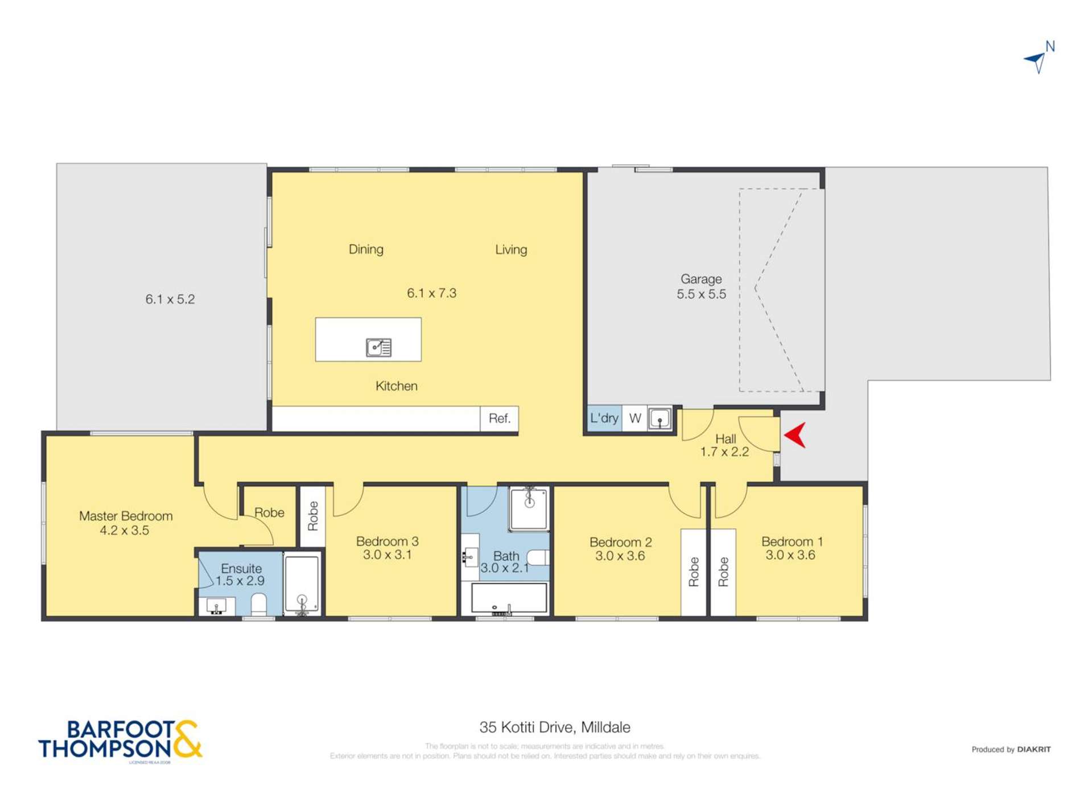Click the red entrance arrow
pyautogui.click(x=796, y=435)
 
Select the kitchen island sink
pyautogui.click(x=378, y=347)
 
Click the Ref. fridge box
pyautogui.click(x=499, y=418)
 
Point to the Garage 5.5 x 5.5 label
pyautogui.click(x=701, y=286)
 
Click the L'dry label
pyautogui.click(x=604, y=418)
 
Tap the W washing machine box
pyautogui.click(x=635, y=418)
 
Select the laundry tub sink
pyautogui.click(x=660, y=419)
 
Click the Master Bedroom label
pyautogui.click(x=125, y=523)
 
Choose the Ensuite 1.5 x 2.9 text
pyautogui.click(x=241, y=574)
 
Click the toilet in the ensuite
pyautogui.click(x=259, y=605)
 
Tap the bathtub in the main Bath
pyautogui.click(x=509, y=598)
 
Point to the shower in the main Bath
pyautogui.click(x=529, y=508)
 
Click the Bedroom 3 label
pyautogui.click(x=387, y=548)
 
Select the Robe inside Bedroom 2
pyautogui.click(x=693, y=572)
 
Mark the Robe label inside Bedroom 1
pyautogui.click(x=723, y=572)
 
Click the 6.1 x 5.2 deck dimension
pyautogui.click(x=170, y=299)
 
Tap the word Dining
pyautogui.click(x=366, y=249)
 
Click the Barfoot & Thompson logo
pyautogui.click(x=120, y=740)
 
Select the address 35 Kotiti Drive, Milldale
pyautogui.click(x=554, y=728)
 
